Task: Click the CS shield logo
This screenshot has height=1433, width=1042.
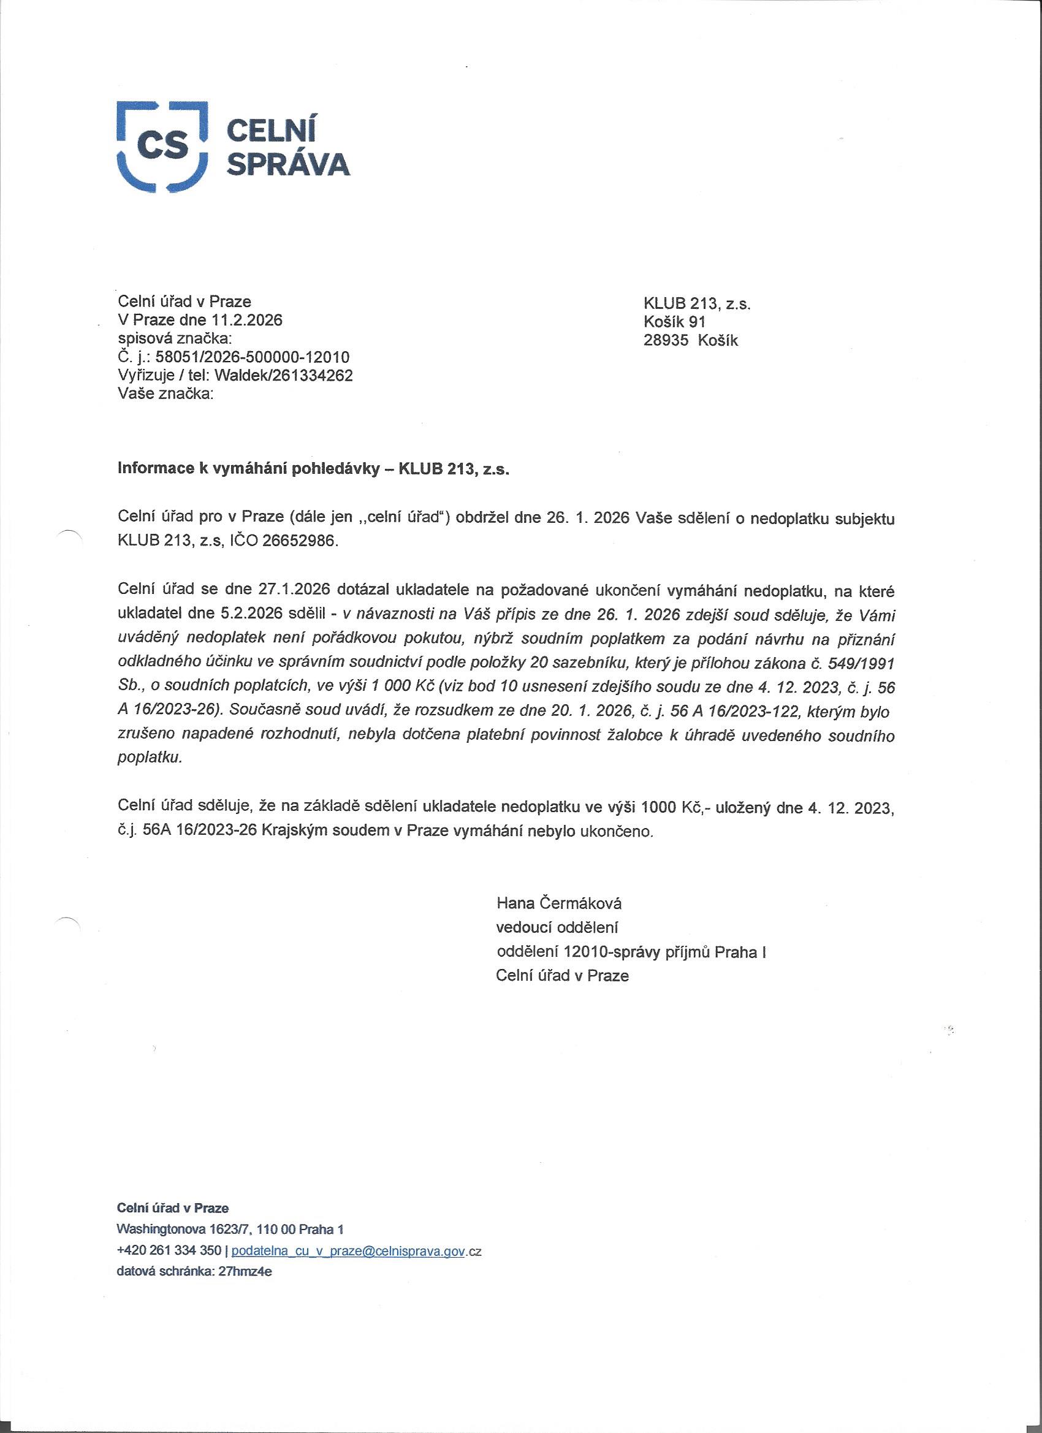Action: coord(162,145)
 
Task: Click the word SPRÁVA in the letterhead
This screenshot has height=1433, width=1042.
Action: coord(287,164)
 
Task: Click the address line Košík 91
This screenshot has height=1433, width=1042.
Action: coord(674,322)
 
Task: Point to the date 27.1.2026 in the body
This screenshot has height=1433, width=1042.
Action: coord(295,590)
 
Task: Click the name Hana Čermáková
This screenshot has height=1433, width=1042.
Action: coord(558,903)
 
